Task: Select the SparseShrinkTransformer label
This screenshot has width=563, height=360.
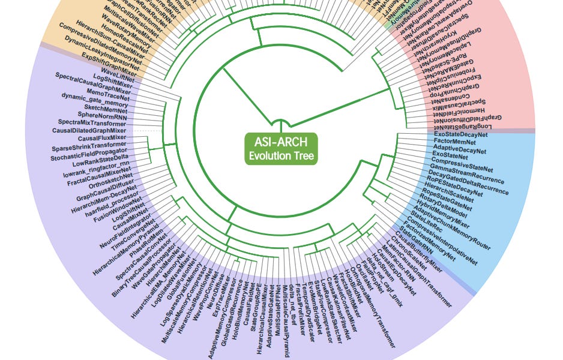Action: [x=89, y=146]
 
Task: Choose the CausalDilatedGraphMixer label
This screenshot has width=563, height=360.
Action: [x=89, y=130]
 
